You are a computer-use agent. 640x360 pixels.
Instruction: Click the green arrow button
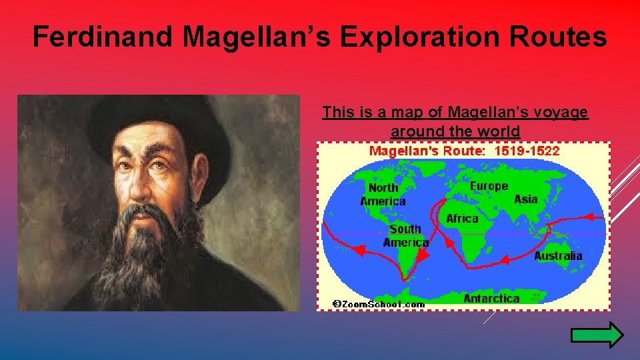pos(597,335)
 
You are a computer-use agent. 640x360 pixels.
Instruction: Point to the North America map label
pos(383,195)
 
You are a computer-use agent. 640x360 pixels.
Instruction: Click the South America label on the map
pos(405,235)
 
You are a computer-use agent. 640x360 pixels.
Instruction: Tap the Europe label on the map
pos(489,186)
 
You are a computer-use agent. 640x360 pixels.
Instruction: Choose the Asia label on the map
pos(526,199)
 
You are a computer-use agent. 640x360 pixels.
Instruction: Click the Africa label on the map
pos(462,219)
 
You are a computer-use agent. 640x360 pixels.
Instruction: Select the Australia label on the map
pos(558,256)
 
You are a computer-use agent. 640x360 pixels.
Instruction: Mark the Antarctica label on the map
pos(491,299)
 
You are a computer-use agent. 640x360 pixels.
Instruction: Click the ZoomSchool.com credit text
pos(379,304)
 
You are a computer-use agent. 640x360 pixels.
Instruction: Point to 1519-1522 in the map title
pos(527,151)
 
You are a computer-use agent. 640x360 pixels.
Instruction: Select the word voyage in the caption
pos(557,112)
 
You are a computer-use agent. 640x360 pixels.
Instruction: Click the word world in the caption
pos(498,131)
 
